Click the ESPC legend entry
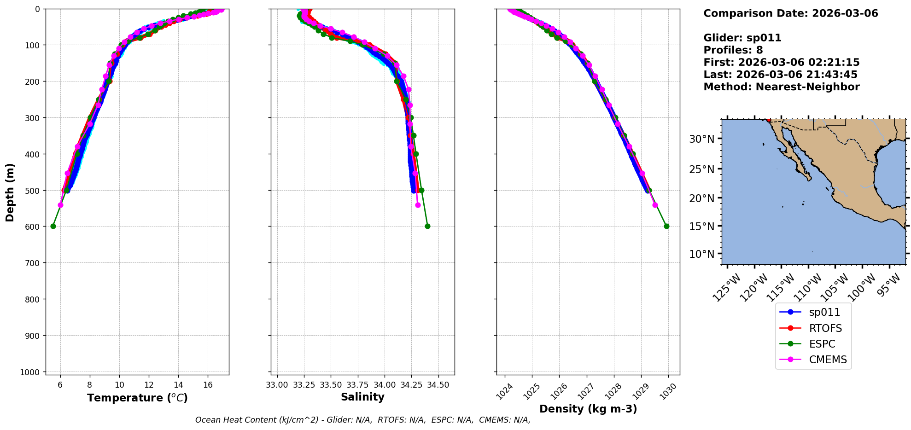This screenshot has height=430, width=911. click(x=822, y=344)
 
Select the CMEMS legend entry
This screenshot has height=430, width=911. click(x=828, y=360)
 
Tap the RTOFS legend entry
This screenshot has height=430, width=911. click(x=825, y=328)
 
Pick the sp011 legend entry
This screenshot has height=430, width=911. click(x=824, y=312)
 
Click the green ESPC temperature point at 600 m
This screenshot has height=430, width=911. click(x=53, y=226)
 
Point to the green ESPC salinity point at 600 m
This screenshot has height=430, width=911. click(x=427, y=226)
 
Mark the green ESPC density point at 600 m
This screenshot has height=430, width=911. click(x=666, y=226)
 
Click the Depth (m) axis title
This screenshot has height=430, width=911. click(x=10, y=192)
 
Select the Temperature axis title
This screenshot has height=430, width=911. click(x=137, y=398)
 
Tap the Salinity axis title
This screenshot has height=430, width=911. click(x=362, y=397)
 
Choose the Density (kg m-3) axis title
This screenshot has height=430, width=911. click(x=588, y=409)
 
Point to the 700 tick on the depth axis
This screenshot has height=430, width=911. click(x=32, y=263)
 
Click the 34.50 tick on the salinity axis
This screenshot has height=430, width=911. click(x=438, y=385)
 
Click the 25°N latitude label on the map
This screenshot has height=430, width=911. click(x=701, y=169)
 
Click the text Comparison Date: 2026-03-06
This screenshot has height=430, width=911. click(x=790, y=13)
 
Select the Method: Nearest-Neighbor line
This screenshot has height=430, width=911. click(x=781, y=87)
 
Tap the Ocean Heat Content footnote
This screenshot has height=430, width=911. click(x=362, y=420)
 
